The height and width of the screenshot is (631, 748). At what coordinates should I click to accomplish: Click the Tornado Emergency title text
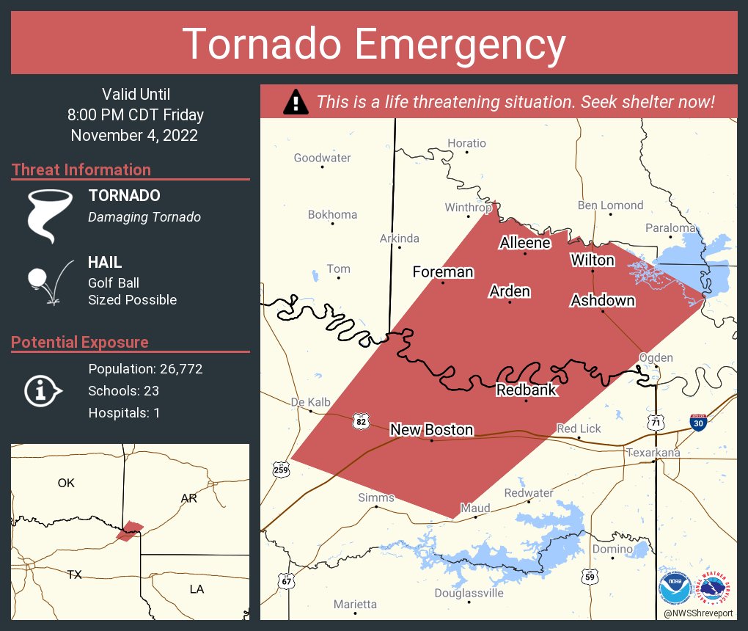(373, 44)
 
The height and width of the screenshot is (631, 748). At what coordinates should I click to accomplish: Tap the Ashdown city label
(603, 301)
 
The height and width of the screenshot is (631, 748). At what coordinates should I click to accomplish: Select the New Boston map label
(431, 430)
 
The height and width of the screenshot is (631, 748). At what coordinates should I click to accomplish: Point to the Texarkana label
(653, 453)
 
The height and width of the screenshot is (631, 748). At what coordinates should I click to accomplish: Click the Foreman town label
(443, 272)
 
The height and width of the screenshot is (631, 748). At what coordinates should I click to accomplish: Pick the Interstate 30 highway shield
(699, 423)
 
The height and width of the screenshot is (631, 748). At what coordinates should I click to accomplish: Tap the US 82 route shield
(360, 421)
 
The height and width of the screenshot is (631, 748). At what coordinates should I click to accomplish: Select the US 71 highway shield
(656, 422)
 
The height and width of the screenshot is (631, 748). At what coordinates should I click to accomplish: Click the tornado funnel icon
(50, 215)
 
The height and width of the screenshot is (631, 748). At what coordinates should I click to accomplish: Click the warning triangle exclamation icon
(296, 102)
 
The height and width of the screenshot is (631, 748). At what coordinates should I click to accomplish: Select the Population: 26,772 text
(145, 369)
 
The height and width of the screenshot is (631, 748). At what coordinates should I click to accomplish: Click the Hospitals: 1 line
(124, 413)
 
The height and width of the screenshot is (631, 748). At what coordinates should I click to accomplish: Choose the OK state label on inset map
(66, 483)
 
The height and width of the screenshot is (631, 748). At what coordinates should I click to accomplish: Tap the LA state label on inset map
(197, 589)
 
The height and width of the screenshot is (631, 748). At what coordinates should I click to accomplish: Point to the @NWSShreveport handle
(698, 612)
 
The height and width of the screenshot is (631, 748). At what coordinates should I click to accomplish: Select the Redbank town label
(527, 390)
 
